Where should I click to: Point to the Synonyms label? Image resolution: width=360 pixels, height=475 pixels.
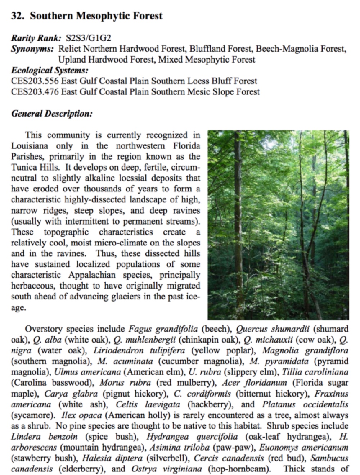(x=32, y=49)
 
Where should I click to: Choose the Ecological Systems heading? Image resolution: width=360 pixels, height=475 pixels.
(x=50, y=70)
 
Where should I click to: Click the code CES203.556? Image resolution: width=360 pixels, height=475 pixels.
(x=35, y=81)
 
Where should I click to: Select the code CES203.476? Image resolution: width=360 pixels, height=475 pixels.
(x=35, y=92)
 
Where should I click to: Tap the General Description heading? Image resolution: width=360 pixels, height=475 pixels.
(x=52, y=114)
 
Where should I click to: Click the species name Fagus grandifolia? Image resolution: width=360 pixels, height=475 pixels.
(x=163, y=329)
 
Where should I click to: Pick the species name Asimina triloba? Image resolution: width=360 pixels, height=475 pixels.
(x=171, y=447)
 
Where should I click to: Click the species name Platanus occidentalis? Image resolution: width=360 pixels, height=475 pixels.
(x=305, y=404)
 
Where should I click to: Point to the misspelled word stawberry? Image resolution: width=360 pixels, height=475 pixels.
(x=30, y=458)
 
